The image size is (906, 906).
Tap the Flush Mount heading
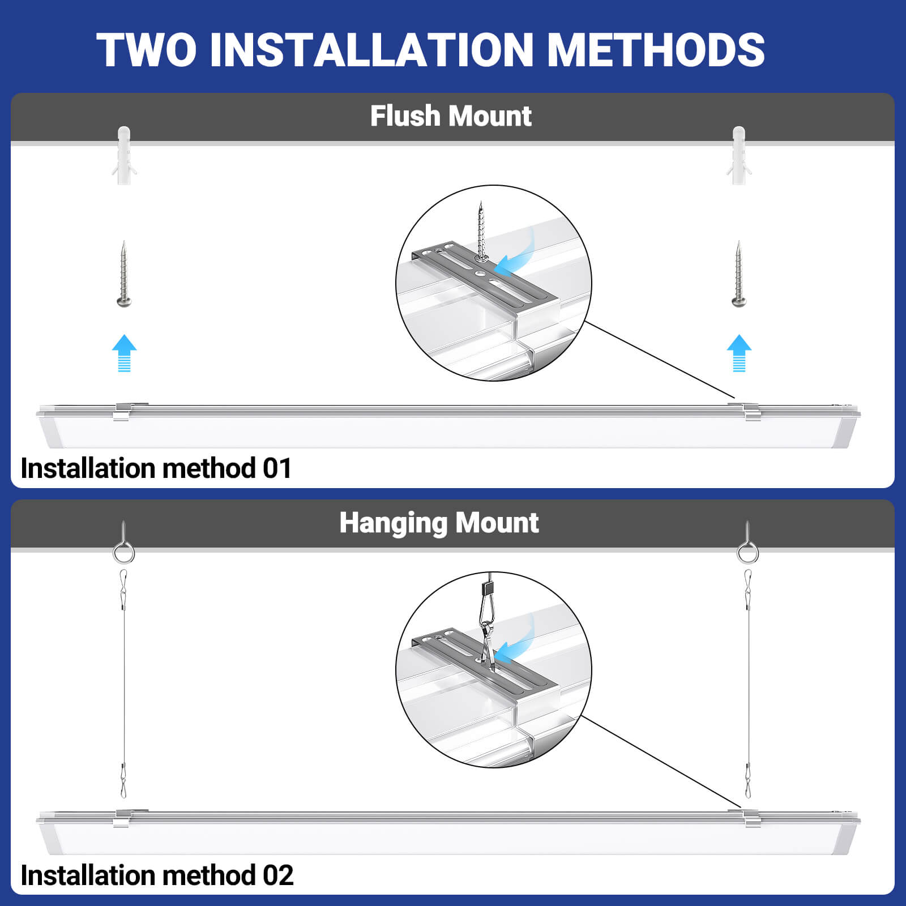451,116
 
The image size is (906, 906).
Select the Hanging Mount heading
439,523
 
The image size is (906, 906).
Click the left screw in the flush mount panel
124,275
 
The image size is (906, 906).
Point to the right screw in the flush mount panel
738,275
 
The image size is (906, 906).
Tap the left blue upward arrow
124,353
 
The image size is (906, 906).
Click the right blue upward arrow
739,353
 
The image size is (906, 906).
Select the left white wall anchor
124,155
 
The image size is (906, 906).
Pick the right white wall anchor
739,155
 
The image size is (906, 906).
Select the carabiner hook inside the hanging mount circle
488,623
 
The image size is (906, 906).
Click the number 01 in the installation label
277,468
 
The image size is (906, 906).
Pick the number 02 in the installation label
278,875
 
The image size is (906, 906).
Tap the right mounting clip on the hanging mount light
751,818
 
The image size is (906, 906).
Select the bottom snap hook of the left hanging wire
123,781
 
